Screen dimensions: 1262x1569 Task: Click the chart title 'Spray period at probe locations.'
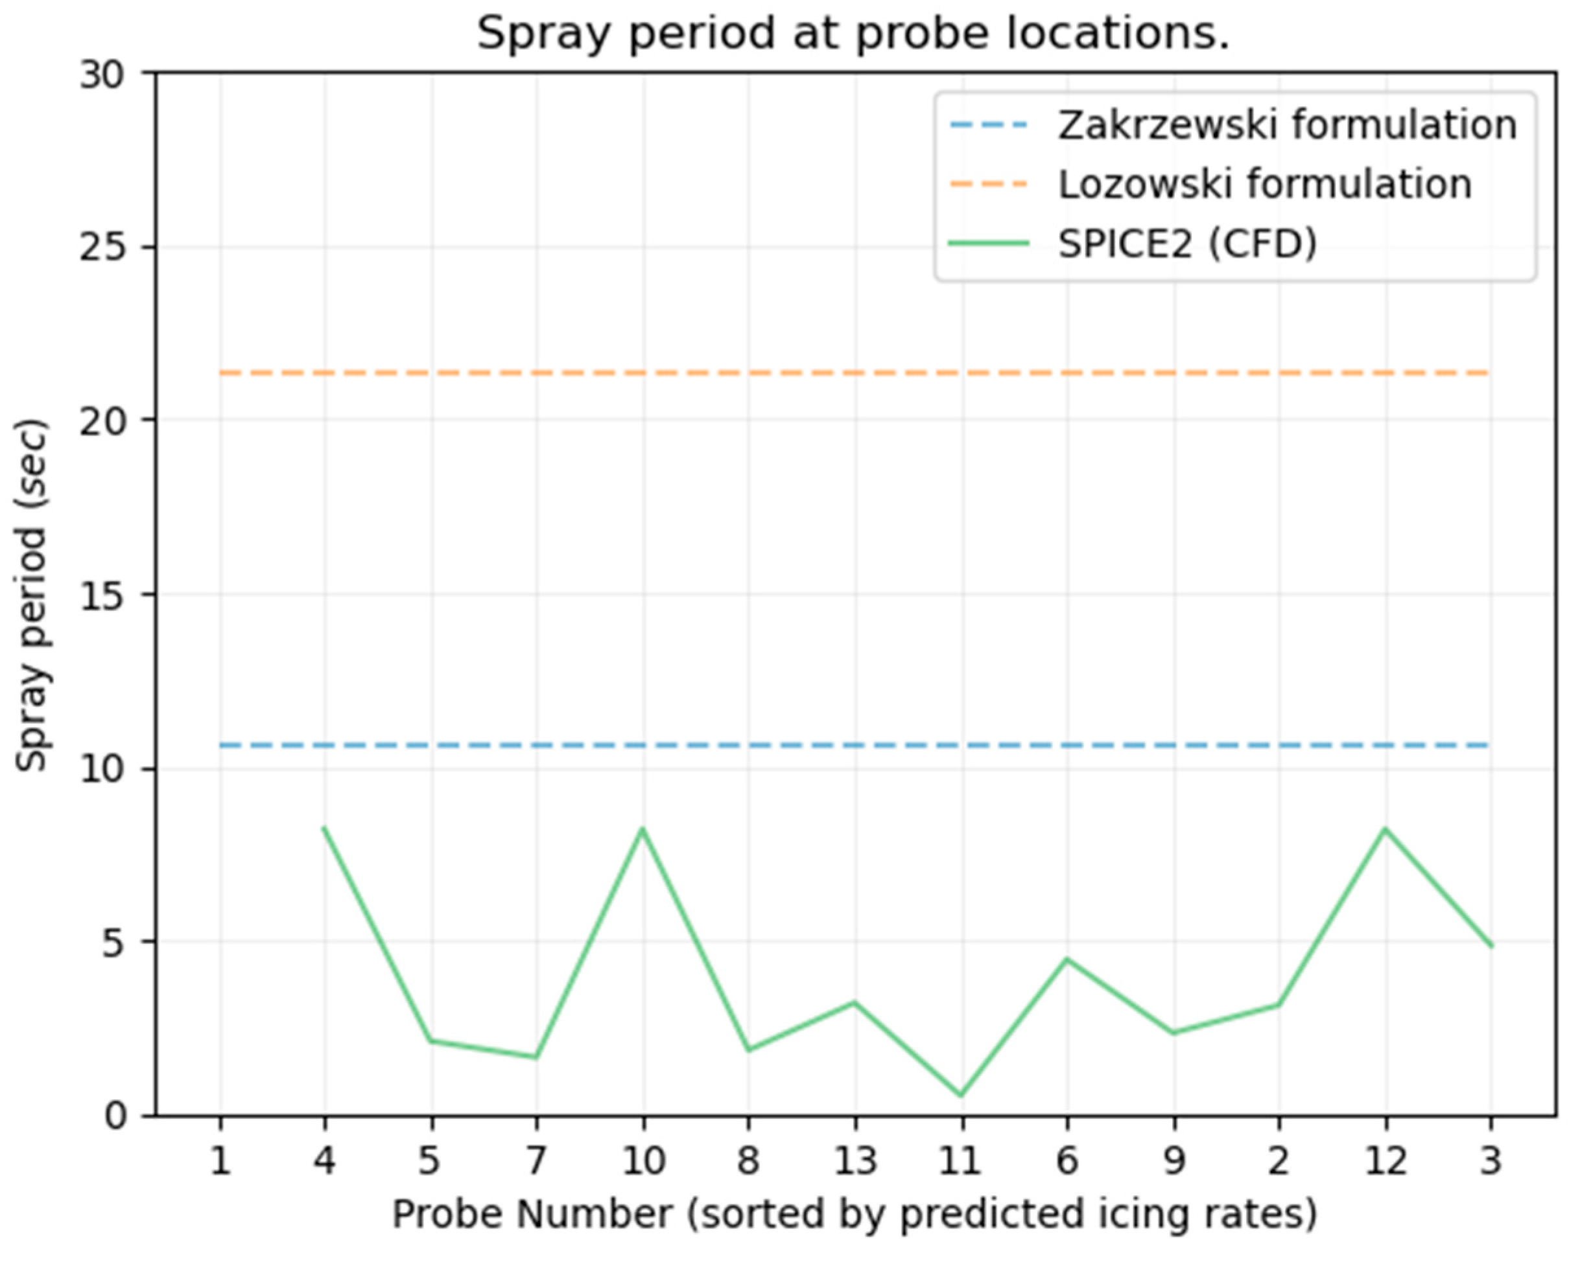pyautogui.click(x=853, y=34)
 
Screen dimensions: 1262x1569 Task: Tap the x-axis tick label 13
pyautogui.click(x=855, y=1160)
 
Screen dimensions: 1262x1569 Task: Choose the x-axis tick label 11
pyautogui.click(x=961, y=1160)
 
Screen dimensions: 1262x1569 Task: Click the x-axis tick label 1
pyautogui.click(x=220, y=1160)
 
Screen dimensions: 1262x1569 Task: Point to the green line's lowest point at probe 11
pyautogui.click(x=961, y=1095)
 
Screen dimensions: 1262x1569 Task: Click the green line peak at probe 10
pyautogui.click(x=643, y=829)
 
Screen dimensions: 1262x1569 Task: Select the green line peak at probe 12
pyautogui.click(x=1385, y=829)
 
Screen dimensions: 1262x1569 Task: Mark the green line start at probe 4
pyautogui.click(x=325, y=828)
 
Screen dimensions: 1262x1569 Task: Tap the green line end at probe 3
pyautogui.click(x=1491, y=946)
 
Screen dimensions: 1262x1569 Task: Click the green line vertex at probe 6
pyautogui.click(x=1067, y=959)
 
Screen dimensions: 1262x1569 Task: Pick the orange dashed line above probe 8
pyautogui.click(x=749, y=373)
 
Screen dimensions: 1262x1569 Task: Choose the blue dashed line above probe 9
pyautogui.click(x=1173, y=746)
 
